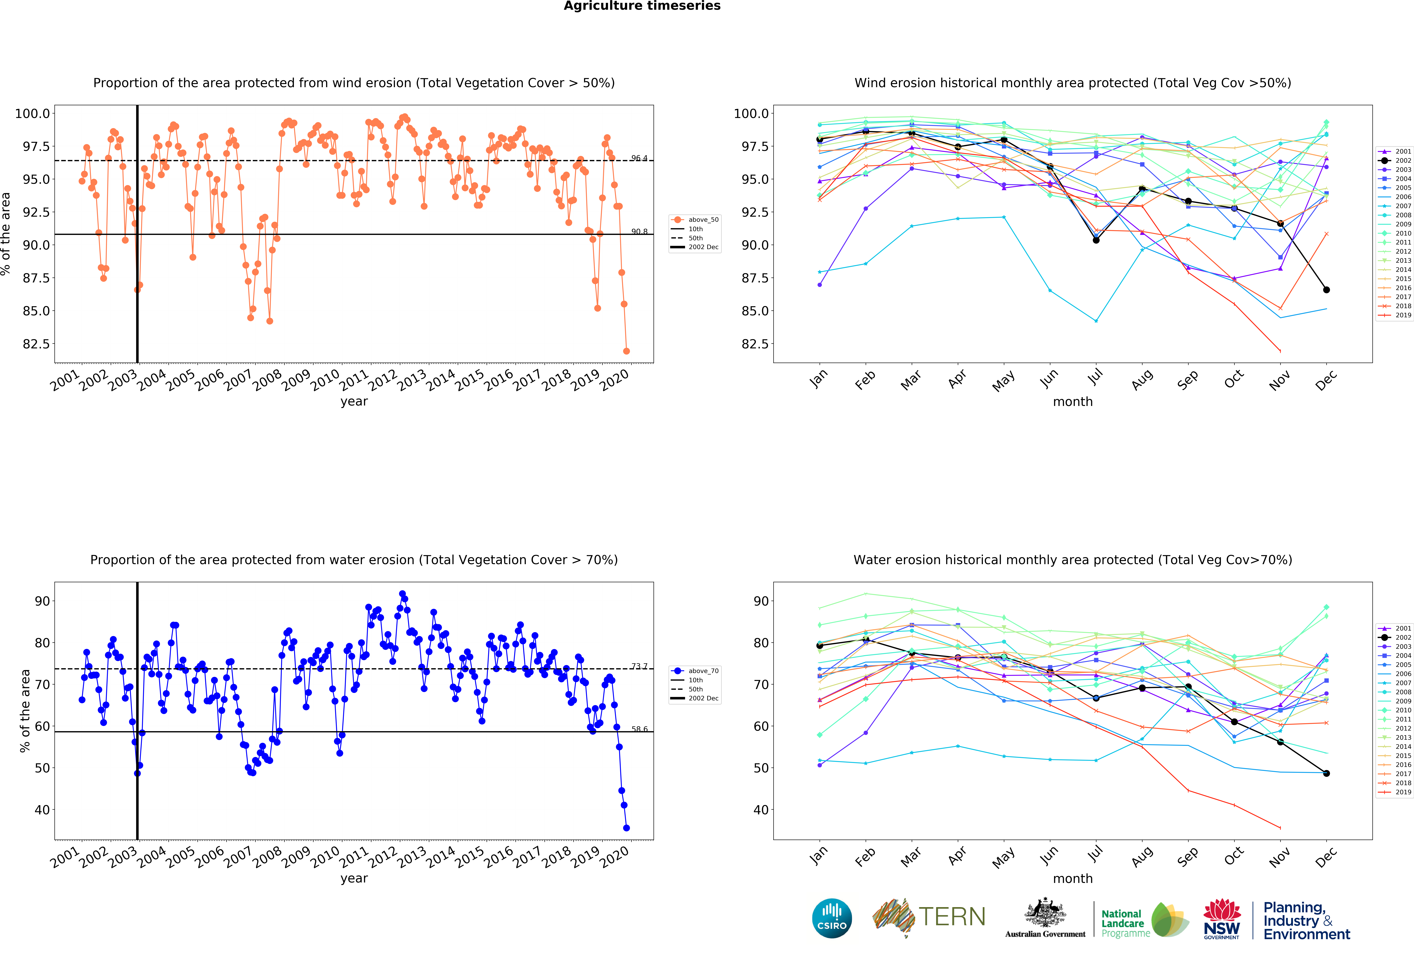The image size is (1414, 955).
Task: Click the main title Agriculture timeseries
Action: (x=642, y=6)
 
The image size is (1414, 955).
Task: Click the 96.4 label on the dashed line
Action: (x=639, y=158)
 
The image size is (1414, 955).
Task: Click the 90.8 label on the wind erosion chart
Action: (x=639, y=232)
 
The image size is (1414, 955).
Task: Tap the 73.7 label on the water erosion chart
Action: (x=639, y=667)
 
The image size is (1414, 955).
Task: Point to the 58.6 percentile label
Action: (x=639, y=729)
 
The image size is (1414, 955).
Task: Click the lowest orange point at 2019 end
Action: (x=626, y=351)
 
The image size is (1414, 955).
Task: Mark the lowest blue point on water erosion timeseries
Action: (x=626, y=828)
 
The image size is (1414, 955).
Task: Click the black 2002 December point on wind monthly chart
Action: (x=1326, y=289)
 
